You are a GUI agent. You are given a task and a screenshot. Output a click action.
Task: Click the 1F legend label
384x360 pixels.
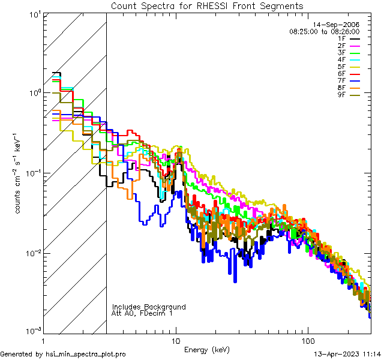tap(341, 38)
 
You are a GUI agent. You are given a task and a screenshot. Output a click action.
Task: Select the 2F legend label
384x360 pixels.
tap(341, 46)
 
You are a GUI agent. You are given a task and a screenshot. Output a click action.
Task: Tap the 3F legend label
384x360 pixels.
tap(341, 53)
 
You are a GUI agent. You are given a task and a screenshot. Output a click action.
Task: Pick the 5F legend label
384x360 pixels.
tap(341, 67)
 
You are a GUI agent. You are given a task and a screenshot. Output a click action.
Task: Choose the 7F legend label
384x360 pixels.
tap(341, 81)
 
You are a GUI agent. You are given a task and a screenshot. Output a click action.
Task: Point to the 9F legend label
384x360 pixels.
tap(341, 95)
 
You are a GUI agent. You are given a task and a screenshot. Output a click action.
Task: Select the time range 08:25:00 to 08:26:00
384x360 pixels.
tap(324, 31)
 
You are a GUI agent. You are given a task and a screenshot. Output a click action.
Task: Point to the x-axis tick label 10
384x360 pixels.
tap(176, 340)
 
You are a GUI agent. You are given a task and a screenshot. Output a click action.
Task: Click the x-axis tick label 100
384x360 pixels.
tap(307, 340)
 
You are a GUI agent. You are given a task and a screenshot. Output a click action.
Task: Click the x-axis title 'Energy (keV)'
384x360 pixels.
tap(206, 349)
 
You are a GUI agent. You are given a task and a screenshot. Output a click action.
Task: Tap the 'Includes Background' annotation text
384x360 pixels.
tap(149, 307)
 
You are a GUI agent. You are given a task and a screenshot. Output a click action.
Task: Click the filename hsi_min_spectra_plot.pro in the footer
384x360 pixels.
tap(86, 354)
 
